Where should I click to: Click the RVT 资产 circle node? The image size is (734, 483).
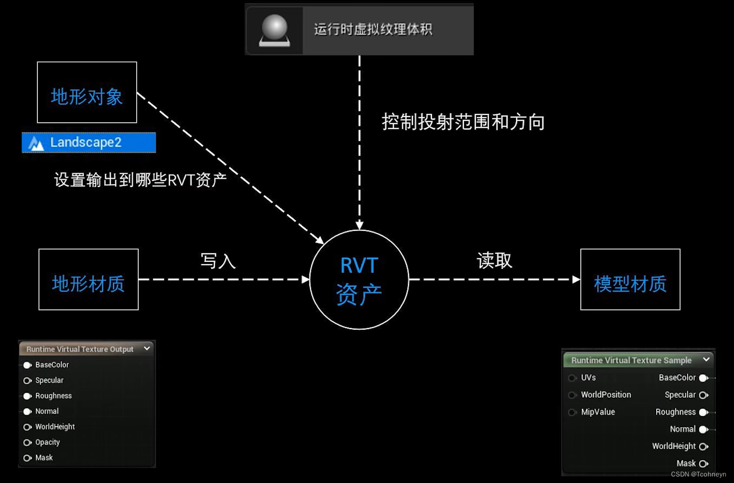click(x=359, y=279)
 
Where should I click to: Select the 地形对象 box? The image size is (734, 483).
click(x=87, y=93)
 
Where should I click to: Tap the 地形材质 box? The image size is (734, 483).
click(x=88, y=279)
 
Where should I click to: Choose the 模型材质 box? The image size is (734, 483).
click(x=630, y=279)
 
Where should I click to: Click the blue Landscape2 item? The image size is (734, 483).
click(x=89, y=143)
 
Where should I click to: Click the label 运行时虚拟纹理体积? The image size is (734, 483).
click(x=373, y=29)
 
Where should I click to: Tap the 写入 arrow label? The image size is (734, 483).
click(x=218, y=260)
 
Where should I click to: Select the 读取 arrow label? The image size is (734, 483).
click(x=494, y=260)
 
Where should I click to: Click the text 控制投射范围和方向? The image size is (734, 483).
click(x=463, y=122)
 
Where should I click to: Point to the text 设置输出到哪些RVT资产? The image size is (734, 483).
click(x=140, y=180)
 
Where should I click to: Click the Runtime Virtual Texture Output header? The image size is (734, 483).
click(x=80, y=349)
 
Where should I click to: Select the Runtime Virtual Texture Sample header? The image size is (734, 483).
click(x=631, y=360)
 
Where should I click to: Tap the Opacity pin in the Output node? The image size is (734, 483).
click(x=28, y=443)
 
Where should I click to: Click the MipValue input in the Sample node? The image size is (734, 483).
click(x=573, y=412)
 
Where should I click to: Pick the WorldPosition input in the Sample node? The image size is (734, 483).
click(x=573, y=395)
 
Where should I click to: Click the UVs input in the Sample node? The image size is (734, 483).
click(x=573, y=378)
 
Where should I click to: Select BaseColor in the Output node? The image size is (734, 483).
click(x=28, y=365)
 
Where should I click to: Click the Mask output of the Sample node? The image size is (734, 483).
click(x=704, y=464)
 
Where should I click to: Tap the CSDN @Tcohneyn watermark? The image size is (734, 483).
click(x=698, y=475)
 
